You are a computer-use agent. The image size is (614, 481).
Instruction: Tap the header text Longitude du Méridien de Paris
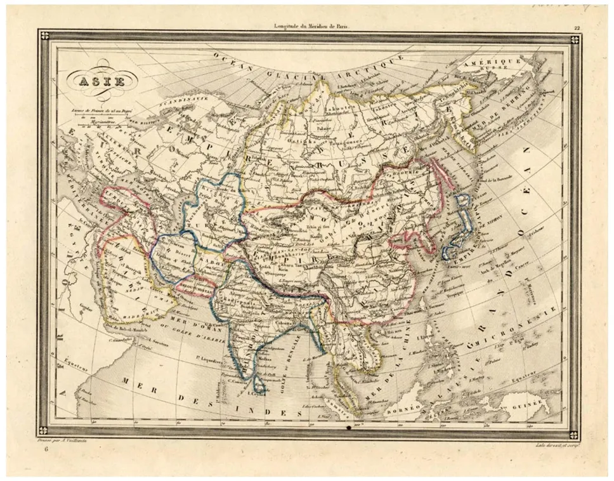coord(311,25)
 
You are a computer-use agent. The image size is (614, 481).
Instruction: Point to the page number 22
coord(577,27)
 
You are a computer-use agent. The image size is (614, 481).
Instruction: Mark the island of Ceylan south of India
coord(258,386)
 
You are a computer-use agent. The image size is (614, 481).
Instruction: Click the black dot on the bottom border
coord(349,432)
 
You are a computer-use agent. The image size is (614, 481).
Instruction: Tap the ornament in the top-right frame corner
coord(573,39)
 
